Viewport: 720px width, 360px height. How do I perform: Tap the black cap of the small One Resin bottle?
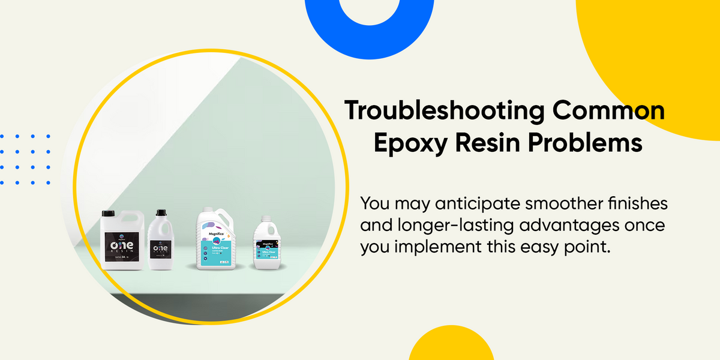pos(161,212)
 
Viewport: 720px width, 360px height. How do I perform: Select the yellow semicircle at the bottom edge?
pos(443,347)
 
